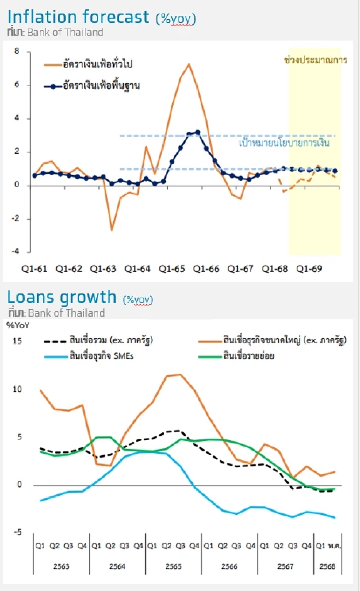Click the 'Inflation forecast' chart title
coord(78,17)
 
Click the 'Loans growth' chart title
coord(62,297)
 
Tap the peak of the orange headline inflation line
coord(189,64)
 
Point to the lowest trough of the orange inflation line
coord(111,230)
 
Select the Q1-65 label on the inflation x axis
coord(172,269)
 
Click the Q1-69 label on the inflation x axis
coord(309,269)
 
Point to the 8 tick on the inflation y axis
coord(17,51)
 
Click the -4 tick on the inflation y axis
coord(15,251)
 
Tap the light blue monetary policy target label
coord(284,143)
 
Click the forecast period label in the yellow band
coord(316,60)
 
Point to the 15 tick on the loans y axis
coord(17,341)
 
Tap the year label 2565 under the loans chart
coord(173,566)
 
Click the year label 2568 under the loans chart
coord(327,566)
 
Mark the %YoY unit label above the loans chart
coord(18,325)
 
